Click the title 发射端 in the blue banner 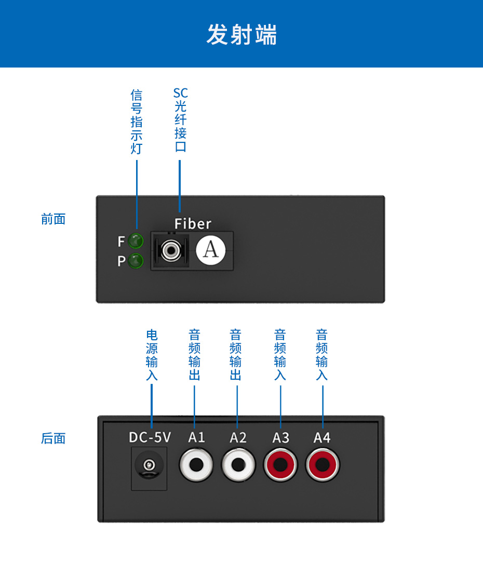point(242,35)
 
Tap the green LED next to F point(136,241)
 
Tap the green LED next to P point(136,260)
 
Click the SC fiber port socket point(170,251)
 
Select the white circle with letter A point(211,250)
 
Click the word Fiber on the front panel point(193,224)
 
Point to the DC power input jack point(149,466)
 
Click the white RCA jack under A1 point(196,464)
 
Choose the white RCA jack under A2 point(238,464)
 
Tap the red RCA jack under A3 point(280,464)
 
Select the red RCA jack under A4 point(323,464)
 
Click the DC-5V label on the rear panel point(150,437)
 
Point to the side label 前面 point(53,219)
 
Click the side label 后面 point(53,438)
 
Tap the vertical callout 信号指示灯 point(136,122)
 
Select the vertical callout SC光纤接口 point(180,120)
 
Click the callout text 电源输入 point(152,355)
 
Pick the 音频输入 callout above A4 point(322,355)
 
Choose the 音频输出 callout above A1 point(194,355)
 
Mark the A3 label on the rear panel point(280,437)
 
